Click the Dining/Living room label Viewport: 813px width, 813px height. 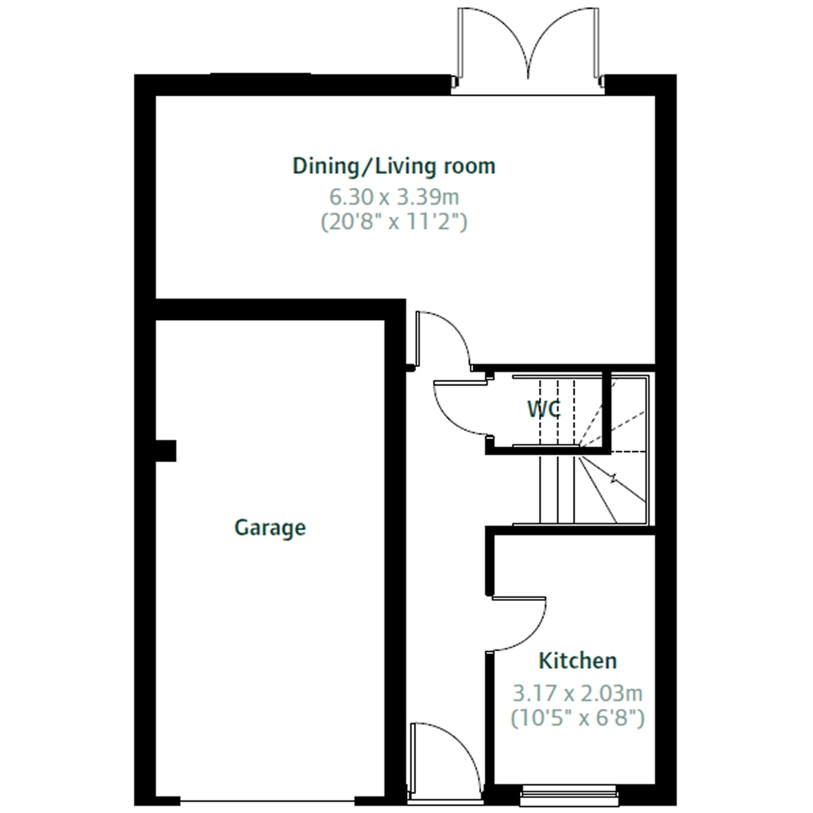[x=394, y=167]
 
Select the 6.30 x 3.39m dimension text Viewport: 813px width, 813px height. [x=394, y=195]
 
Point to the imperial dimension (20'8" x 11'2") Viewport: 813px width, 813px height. [x=394, y=222]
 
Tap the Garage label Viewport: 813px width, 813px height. [x=270, y=527]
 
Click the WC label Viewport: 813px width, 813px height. [x=544, y=410]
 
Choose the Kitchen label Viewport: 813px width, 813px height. [x=577, y=661]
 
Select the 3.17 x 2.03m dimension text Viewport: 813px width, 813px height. [x=577, y=692]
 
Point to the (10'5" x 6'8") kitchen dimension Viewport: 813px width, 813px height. [x=577, y=719]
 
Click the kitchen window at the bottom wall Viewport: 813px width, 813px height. [x=568, y=792]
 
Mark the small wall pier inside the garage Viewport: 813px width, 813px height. [x=165, y=451]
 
